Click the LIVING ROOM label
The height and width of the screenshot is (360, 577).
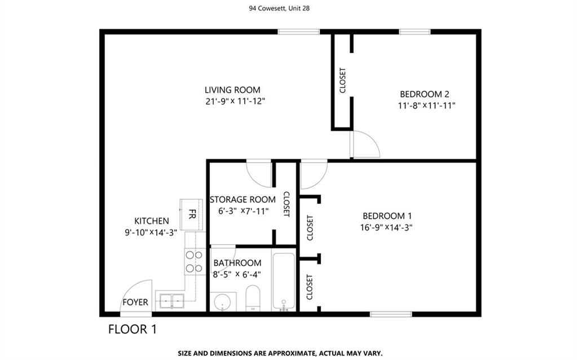click(232, 90)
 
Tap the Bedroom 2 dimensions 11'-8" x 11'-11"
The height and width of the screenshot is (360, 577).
click(426, 106)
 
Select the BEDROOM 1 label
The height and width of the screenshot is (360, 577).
click(387, 216)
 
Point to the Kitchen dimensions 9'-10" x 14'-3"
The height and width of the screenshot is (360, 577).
click(151, 232)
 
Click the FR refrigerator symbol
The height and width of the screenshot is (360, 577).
click(191, 214)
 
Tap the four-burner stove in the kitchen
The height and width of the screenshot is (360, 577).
click(194, 261)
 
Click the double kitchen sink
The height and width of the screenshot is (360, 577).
click(172, 301)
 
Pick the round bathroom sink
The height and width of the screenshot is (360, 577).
click(223, 302)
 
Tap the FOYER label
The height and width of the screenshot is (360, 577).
click(135, 302)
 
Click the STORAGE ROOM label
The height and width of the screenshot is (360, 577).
click(243, 200)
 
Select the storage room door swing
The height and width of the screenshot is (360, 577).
click(259, 174)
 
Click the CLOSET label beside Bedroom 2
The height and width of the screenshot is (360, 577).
click(342, 80)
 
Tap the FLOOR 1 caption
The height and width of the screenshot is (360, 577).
click(133, 329)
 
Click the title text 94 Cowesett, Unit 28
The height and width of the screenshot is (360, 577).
click(279, 8)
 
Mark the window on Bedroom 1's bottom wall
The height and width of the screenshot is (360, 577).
click(391, 314)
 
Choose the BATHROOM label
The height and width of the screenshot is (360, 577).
click(237, 263)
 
